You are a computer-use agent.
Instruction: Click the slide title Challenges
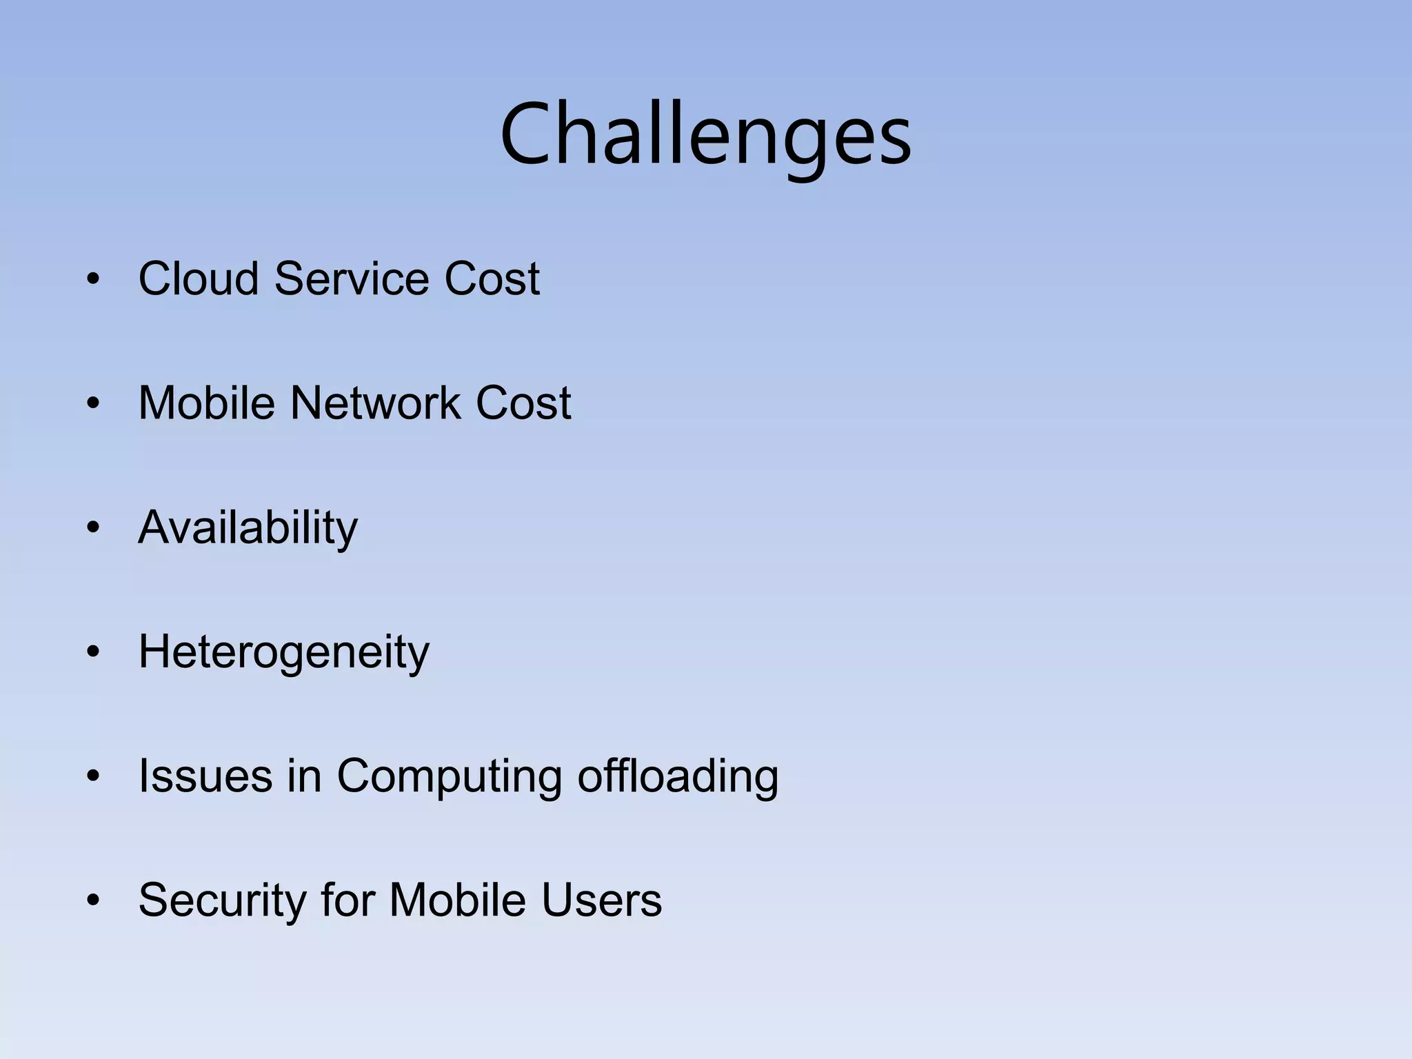point(705,134)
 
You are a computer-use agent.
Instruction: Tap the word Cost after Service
point(492,279)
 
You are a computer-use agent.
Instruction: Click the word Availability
point(248,528)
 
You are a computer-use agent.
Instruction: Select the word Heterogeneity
point(283,652)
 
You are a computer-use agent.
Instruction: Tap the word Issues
point(205,776)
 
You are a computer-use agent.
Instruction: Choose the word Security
point(222,900)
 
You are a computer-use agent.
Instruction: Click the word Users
point(601,900)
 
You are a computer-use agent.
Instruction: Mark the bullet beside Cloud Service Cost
point(93,280)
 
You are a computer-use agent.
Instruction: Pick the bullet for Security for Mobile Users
point(93,901)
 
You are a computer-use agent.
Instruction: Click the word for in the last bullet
point(347,900)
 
